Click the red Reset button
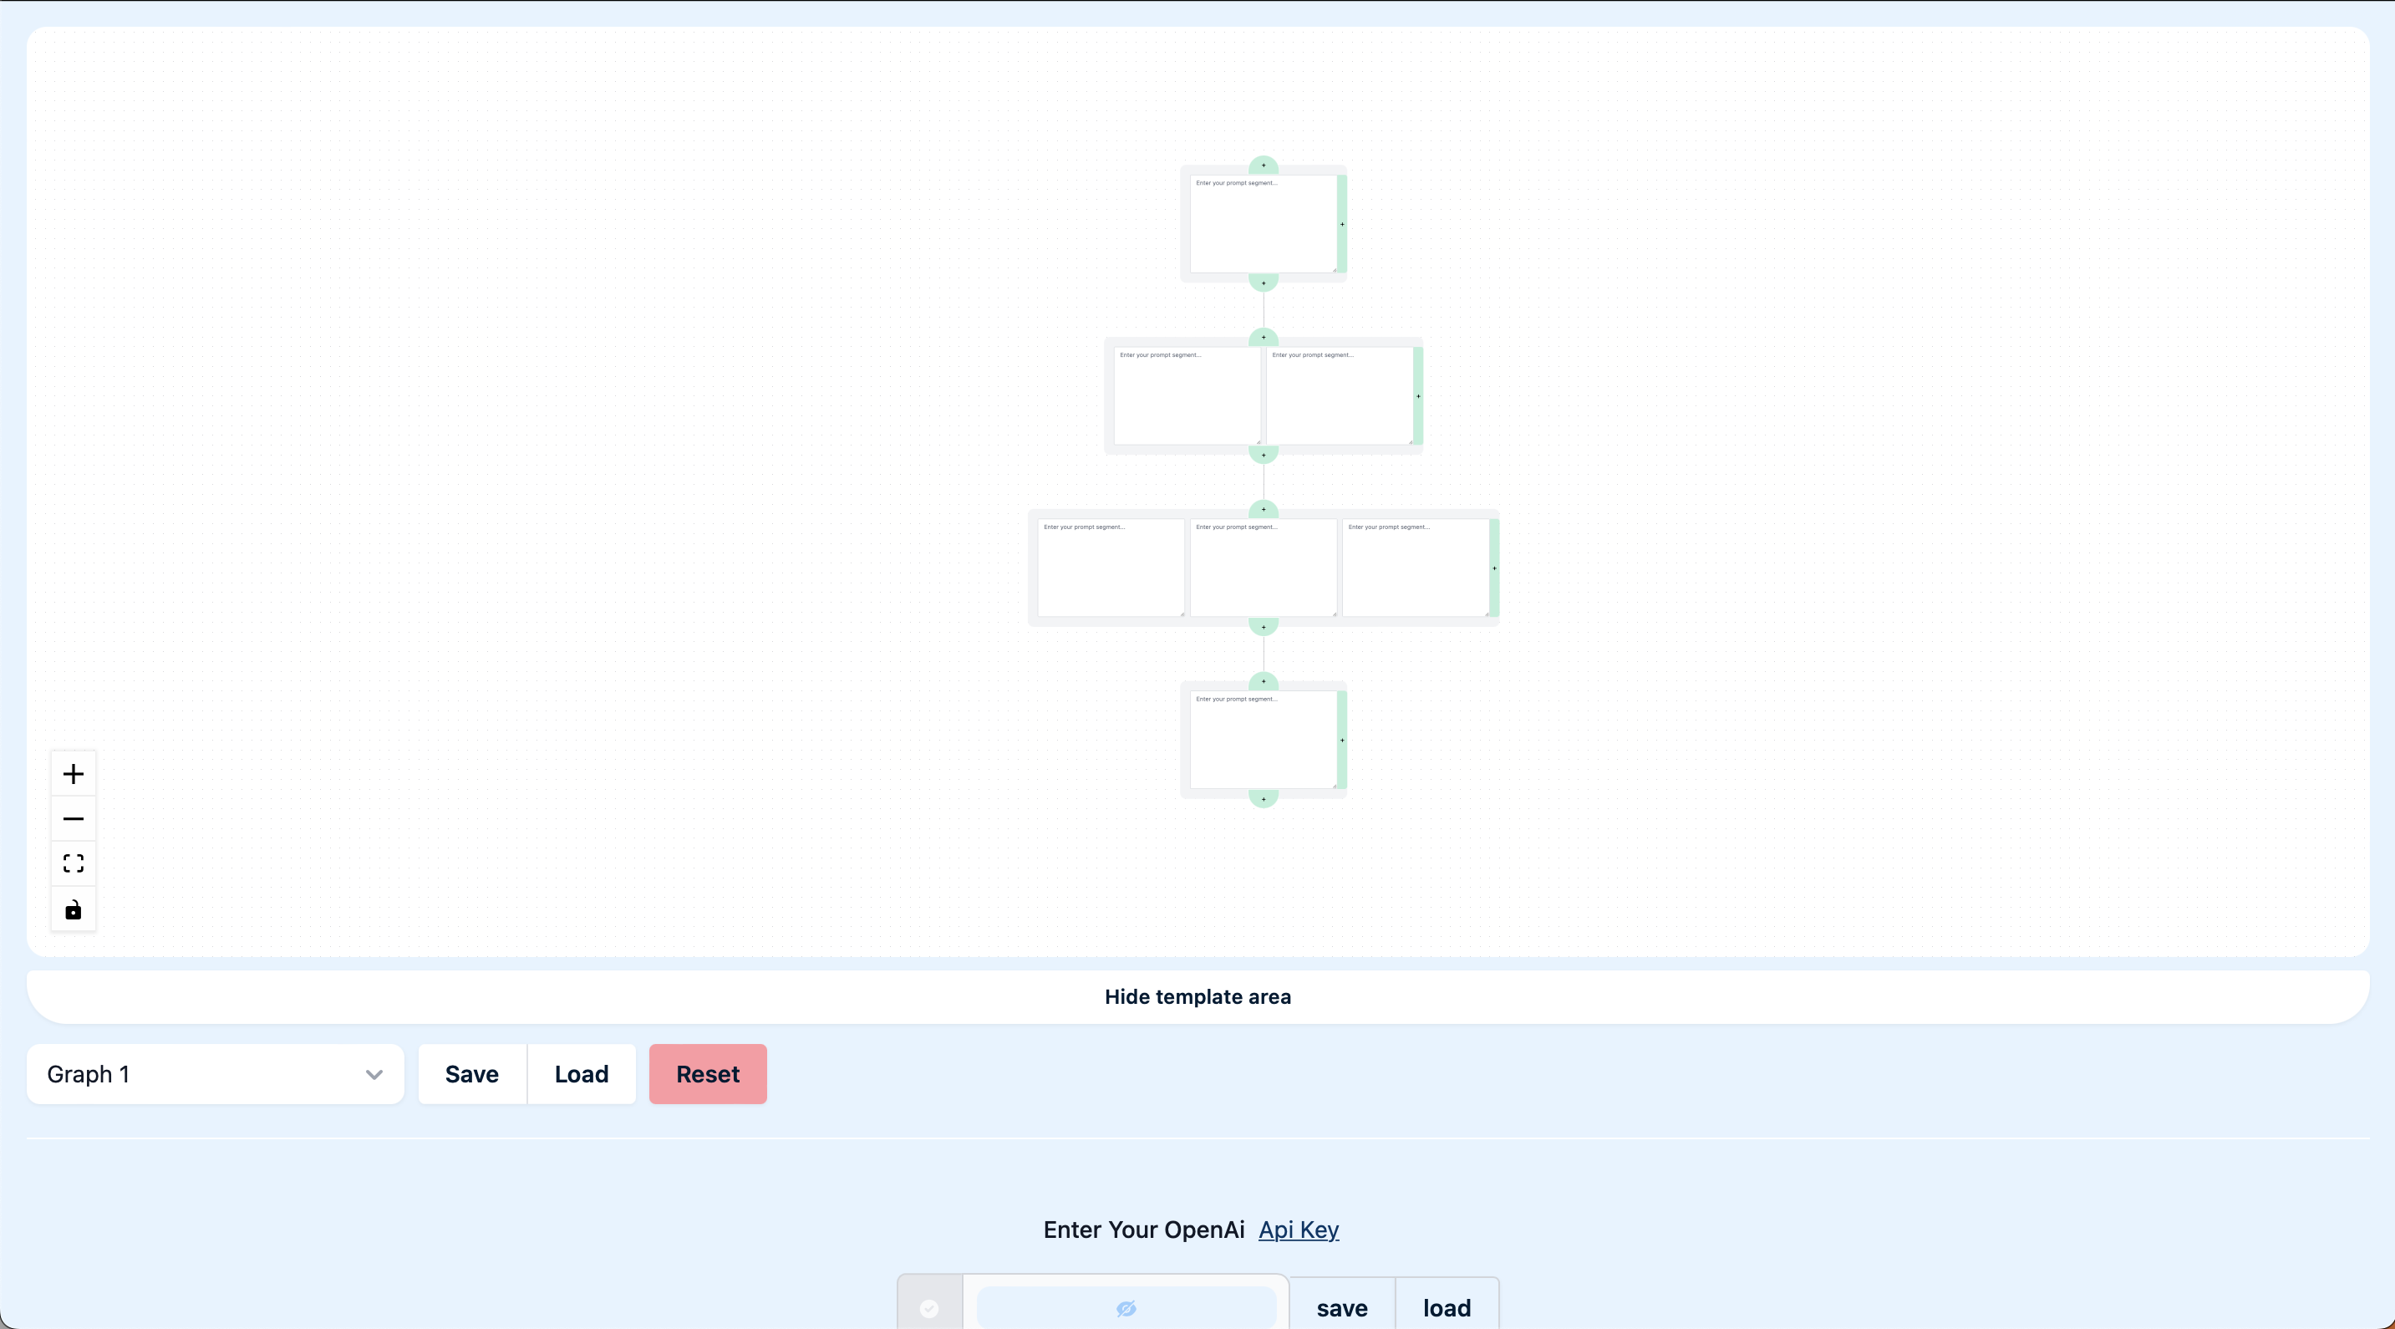[x=708, y=1074]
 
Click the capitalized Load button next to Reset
[x=581, y=1074]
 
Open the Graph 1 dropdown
[x=215, y=1074]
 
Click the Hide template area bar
[x=1197, y=997]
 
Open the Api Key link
[x=1298, y=1230]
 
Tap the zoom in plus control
[x=74, y=774]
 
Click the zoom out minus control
[x=74, y=819]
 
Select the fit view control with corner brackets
[x=74, y=864]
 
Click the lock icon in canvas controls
[x=74, y=909]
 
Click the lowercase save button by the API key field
[x=1341, y=1307]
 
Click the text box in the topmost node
[x=1263, y=224]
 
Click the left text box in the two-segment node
[x=1187, y=396]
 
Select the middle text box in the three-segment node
[x=1263, y=568]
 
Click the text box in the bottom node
[x=1263, y=741]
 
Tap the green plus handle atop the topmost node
[x=1264, y=165]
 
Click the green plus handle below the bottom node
[x=1264, y=799]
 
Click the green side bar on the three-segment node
[x=1494, y=568]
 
